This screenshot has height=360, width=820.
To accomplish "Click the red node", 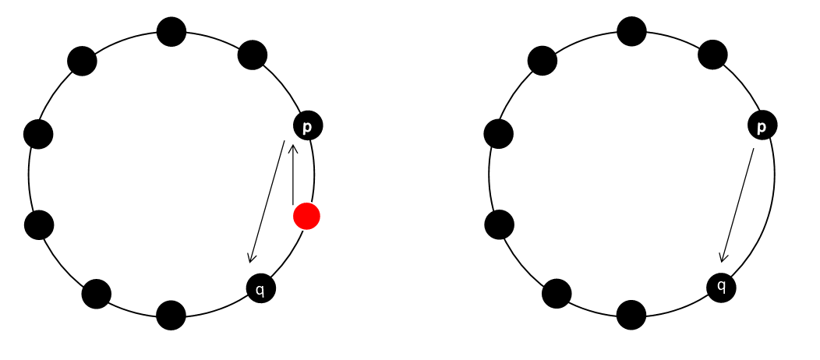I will (306, 216).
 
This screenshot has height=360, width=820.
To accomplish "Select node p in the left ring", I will (307, 125).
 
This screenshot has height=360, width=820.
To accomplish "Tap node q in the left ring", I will (261, 288).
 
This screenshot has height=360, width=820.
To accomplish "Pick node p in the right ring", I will (762, 125).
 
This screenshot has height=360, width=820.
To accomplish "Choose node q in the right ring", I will (721, 286).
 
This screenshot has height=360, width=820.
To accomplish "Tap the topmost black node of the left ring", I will (171, 32).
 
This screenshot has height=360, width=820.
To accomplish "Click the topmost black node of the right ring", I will (631, 32).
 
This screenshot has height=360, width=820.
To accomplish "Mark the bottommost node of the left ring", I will (171, 315).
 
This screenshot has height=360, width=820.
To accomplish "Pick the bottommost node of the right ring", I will (631, 315).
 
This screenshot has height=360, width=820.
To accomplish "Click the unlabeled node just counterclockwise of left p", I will (253, 55).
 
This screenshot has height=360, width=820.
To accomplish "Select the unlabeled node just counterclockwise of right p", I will (712, 55).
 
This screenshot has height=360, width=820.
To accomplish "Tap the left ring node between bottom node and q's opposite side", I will (97, 294).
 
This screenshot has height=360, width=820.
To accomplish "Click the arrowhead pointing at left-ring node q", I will (250, 259).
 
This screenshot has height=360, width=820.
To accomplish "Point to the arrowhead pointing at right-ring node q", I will (723, 258).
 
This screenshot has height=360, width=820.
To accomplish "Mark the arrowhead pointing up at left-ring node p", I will (293, 146).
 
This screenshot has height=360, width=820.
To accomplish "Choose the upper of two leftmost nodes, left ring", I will (38, 134).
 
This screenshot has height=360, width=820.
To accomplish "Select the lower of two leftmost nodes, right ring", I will (499, 224).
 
